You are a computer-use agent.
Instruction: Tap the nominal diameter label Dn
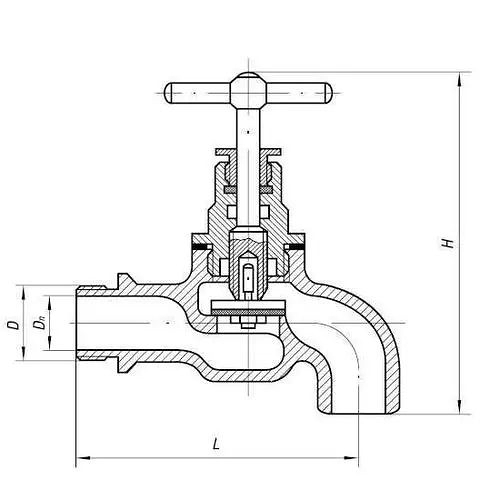(40, 324)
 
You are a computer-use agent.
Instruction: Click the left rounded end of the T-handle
(168, 93)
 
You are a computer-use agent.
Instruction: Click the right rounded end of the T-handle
(327, 93)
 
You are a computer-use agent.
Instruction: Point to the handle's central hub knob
(248, 90)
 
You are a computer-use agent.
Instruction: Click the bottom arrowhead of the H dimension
(459, 407)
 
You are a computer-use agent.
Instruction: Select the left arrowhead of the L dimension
(83, 458)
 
